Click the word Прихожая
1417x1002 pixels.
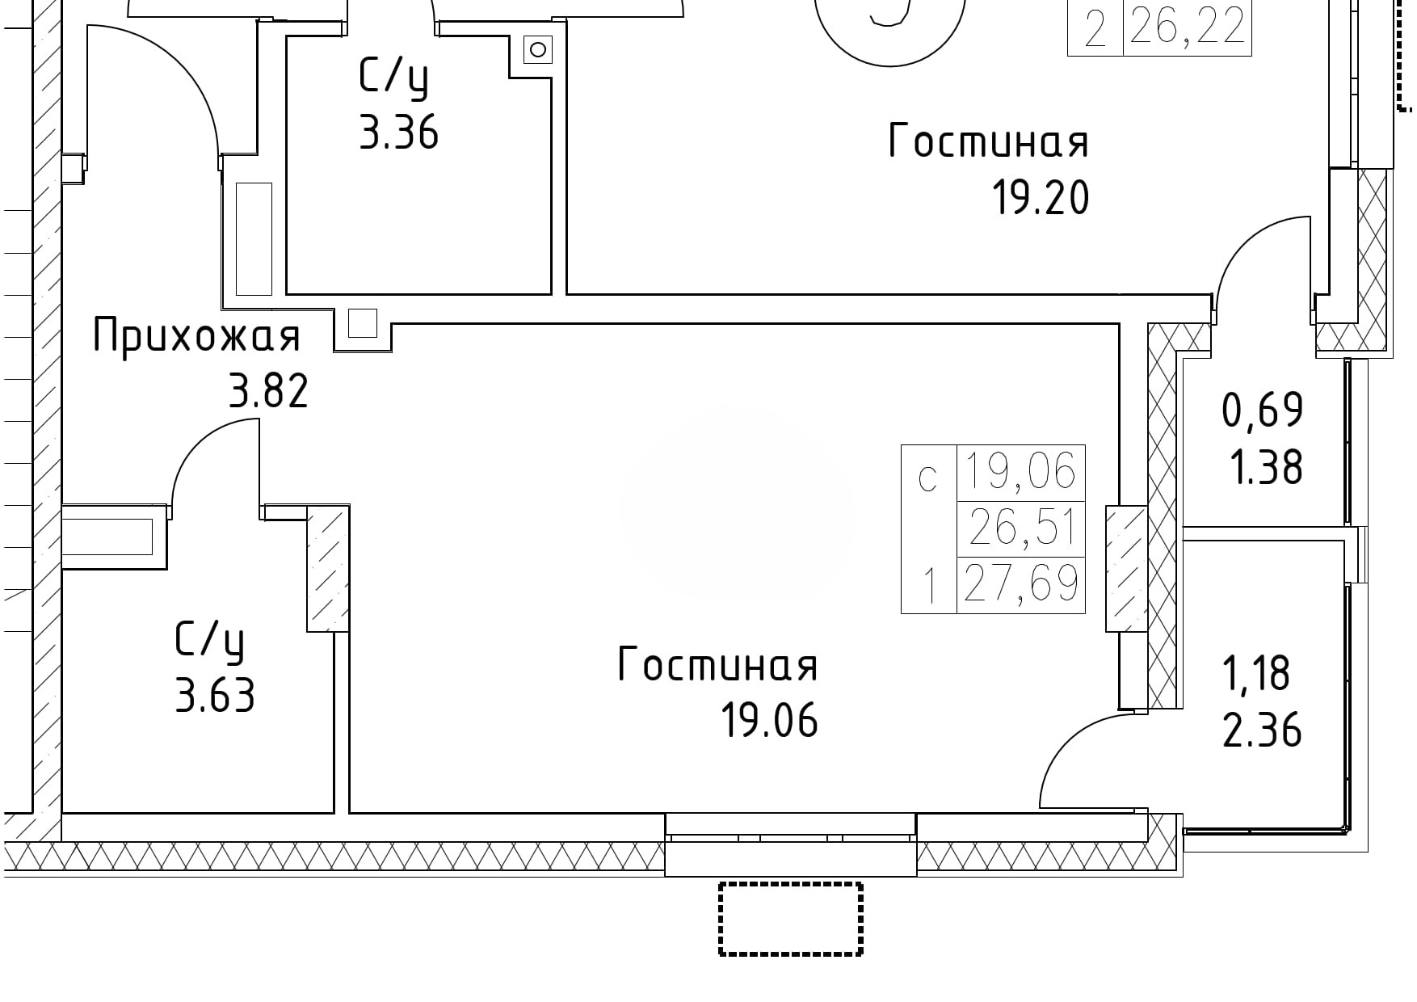[x=197, y=337]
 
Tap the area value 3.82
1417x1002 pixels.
[x=269, y=393]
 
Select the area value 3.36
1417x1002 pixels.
[x=399, y=133]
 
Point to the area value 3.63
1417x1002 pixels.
[x=215, y=695]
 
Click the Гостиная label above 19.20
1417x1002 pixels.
[x=989, y=141]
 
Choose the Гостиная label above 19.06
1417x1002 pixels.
[x=718, y=665]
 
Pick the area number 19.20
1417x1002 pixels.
[x=1041, y=198]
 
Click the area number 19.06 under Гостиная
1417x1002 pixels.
[x=769, y=721]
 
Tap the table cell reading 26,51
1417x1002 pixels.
[x=1022, y=528]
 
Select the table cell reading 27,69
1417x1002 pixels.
[x=1022, y=584]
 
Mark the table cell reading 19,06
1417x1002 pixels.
[x=1022, y=472]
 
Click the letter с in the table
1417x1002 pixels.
[x=928, y=479]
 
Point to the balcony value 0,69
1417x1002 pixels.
[x=1263, y=410]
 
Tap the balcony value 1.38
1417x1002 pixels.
[x=1266, y=467]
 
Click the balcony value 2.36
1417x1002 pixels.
[x=1262, y=730]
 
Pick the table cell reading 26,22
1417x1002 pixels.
[x=1188, y=28]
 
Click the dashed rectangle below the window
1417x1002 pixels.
[x=791, y=919]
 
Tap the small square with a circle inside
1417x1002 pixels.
[x=537, y=50]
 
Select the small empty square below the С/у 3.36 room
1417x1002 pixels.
[x=363, y=322]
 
